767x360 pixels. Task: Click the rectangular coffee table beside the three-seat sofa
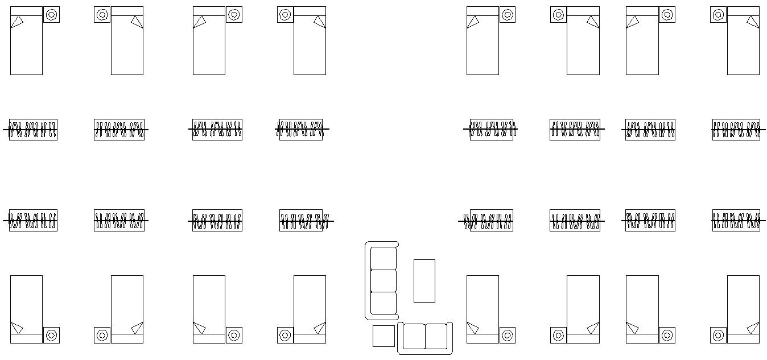click(x=424, y=280)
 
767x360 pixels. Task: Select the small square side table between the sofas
click(x=383, y=336)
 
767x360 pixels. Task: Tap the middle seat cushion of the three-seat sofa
click(x=383, y=280)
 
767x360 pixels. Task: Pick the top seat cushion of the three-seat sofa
click(x=383, y=258)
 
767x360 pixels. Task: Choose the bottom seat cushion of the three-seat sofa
click(x=383, y=303)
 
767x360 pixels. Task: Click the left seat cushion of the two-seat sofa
click(x=414, y=336)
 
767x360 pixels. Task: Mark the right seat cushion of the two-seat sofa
click(x=436, y=336)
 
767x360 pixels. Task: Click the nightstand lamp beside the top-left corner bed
click(x=51, y=15)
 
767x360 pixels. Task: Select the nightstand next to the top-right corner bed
click(x=718, y=15)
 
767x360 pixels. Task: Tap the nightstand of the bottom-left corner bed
click(x=51, y=335)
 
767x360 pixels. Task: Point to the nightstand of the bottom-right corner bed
click(x=718, y=335)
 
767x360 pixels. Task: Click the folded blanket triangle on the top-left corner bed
click(x=17, y=22)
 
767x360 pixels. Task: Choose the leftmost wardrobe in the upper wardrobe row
click(x=33, y=130)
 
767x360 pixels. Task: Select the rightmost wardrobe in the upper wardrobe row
click(x=736, y=130)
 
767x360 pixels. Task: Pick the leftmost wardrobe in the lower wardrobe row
click(x=33, y=220)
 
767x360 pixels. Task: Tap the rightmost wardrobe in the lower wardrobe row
click(x=736, y=220)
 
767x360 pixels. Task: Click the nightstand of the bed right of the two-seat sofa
click(x=507, y=335)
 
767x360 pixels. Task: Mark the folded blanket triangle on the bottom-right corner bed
click(x=753, y=328)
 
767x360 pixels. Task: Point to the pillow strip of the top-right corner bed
click(x=743, y=11)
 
